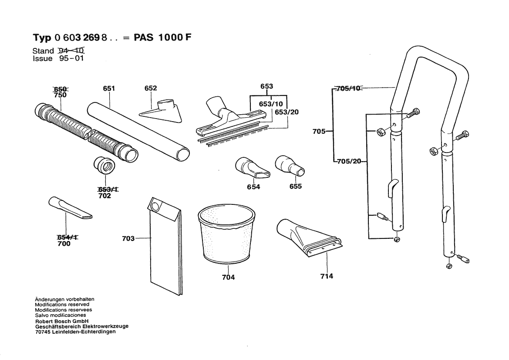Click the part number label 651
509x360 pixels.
(x=109, y=88)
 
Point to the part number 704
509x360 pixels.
(x=228, y=277)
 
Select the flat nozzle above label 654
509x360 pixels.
(x=252, y=169)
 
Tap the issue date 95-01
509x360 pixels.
(x=71, y=58)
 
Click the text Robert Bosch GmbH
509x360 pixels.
(x=62, y=320)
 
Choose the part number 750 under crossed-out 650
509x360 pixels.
(x=60, y=95)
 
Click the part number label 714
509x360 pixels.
(x=327, y=276)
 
